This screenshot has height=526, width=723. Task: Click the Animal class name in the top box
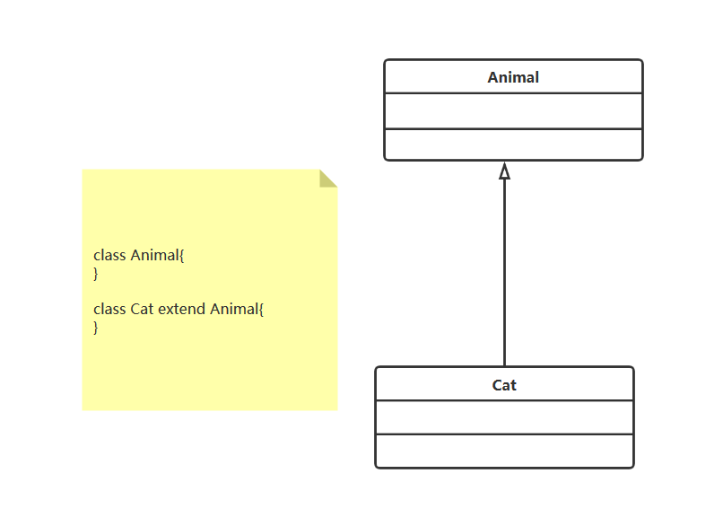click(x=513, y=77)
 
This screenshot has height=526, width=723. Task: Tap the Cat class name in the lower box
click(x=504, y=385)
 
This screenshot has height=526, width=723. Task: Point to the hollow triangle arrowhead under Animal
click(x=504, y=171)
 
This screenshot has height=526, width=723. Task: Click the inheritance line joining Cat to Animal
click(x=504, y=269)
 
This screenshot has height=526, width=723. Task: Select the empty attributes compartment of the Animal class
click(x=513, y=111)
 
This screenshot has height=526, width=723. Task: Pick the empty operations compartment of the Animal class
click(x=513, y=145)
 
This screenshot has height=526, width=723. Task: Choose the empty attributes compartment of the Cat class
click(x=504, y=417)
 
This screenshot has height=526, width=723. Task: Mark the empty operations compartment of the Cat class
click(x=504, y=451)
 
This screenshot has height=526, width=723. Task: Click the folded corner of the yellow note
click(x=328, y=178)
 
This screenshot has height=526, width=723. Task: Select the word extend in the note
click(x=182, y=309)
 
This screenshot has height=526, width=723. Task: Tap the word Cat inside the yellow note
click(x=143, y=309)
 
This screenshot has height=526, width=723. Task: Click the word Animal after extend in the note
click(x=234, y=309)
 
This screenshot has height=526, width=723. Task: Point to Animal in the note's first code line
click(x=154, y=255)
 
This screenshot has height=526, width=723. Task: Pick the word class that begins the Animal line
click(x=109, y=255)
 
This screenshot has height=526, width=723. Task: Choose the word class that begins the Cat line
click(x=109, y=309)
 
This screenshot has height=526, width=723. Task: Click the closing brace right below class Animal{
click(x=96, y=273)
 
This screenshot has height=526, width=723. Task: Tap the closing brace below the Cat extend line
click(x=96, y=327)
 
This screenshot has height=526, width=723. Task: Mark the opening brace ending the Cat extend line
click(x=262, y=309)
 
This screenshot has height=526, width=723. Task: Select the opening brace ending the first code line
click(x=182, y=255)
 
